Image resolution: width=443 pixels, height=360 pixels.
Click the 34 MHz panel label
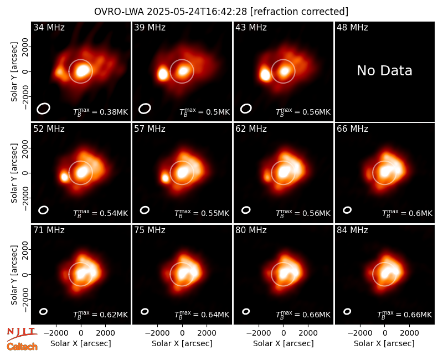pos(49,27)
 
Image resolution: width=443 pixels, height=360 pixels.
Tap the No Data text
pos(384,70)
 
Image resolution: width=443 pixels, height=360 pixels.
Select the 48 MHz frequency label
pos(352,27)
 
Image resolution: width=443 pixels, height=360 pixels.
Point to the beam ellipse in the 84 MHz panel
pos(347,311)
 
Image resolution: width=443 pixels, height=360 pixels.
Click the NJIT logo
pos(22,334)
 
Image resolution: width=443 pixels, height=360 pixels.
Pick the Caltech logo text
pos(22,347)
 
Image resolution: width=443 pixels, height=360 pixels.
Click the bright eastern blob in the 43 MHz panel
pos(265,75)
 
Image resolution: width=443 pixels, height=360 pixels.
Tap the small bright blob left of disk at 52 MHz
pos(64,177)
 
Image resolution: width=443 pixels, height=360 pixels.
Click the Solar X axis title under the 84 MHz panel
pos(384,343)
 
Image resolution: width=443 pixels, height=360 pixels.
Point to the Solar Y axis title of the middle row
pos(14,173)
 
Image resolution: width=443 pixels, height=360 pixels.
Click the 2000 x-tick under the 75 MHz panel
pos(207,333)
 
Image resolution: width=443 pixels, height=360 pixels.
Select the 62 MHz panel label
pos(251,129)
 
